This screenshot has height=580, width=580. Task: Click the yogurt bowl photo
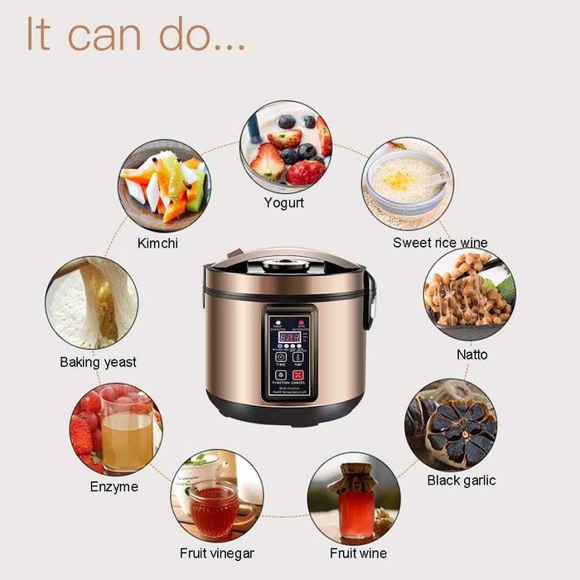click(x=285, y=147)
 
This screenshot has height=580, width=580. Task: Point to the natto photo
click(x=469, y=294)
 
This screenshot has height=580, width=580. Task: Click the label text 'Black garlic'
click(x=462, y=481)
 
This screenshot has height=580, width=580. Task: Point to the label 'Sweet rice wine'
click(x=440, y=243)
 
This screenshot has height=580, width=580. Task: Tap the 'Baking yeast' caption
click(x=98, y=362)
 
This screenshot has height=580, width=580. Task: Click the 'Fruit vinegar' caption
click(x=217, y=553)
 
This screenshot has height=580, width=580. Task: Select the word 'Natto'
click(x=472, y=355)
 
